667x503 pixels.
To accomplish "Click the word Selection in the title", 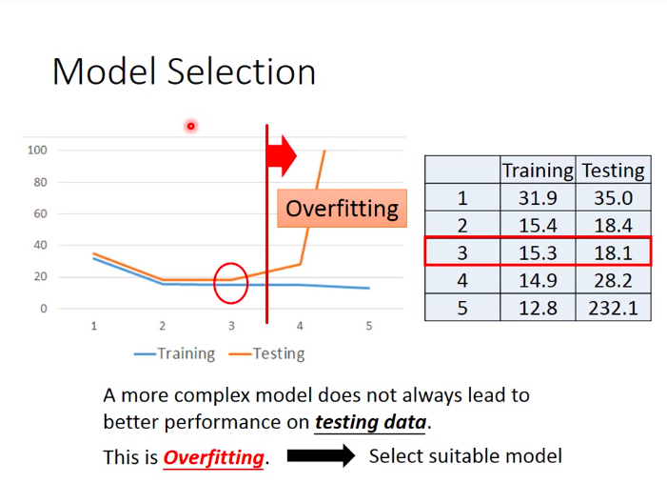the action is click(241, 71).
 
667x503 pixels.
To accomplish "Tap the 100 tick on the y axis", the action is click(37, 150).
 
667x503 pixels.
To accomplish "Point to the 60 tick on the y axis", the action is click(40, 213).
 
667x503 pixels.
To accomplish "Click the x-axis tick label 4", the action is click(300, 326).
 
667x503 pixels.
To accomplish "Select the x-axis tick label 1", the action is click(94, 326).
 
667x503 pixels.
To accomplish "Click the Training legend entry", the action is click(174, 353).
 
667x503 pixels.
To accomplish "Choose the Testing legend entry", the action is click(266, 353).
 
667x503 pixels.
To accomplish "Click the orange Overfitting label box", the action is click(342, 209).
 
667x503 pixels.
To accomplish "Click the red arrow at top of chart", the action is click(282, 155).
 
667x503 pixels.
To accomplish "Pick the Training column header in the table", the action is click(538, 171).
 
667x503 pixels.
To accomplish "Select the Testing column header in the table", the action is click(613, 171).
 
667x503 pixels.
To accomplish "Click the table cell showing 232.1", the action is click(613, 308).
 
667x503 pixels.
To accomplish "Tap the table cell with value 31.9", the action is click(538, 197).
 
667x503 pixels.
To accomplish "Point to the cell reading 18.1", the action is click(613, 252).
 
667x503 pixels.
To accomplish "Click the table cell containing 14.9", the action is click(538, 280).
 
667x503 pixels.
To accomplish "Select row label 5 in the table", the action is click(462, 308).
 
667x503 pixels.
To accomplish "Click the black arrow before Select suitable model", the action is click(322, 455).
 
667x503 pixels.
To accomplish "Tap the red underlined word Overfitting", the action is click(213, 457).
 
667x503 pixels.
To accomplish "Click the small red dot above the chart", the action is click(191, 126).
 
